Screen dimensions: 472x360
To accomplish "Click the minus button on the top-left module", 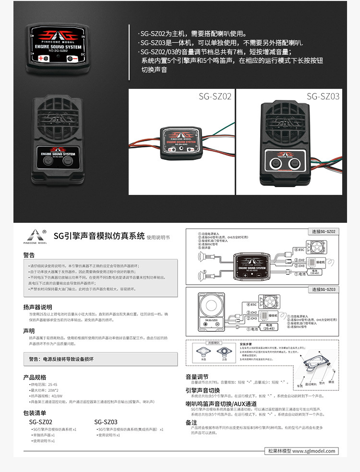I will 72,58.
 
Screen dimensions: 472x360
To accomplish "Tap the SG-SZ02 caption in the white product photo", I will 215,97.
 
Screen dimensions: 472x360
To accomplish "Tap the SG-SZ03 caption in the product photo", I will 323,97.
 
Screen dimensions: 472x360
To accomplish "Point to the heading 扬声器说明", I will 37,306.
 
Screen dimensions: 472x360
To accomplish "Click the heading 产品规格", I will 35,377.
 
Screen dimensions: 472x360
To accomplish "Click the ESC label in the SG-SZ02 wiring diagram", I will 300,250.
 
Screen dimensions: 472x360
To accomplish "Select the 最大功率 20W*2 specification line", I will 46,390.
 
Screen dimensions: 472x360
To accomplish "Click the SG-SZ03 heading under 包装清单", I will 106,422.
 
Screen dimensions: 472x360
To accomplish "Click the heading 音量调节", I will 197,376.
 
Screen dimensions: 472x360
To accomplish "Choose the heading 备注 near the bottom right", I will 191,422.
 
